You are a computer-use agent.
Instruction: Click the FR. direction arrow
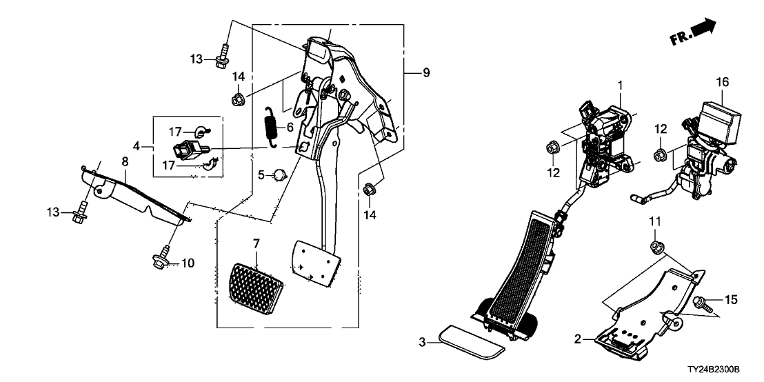coord(693,33)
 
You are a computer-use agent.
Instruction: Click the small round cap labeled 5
coord(279,175)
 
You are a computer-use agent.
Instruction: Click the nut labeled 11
coord(655,246)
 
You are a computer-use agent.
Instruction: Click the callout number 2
coord(578,339)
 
